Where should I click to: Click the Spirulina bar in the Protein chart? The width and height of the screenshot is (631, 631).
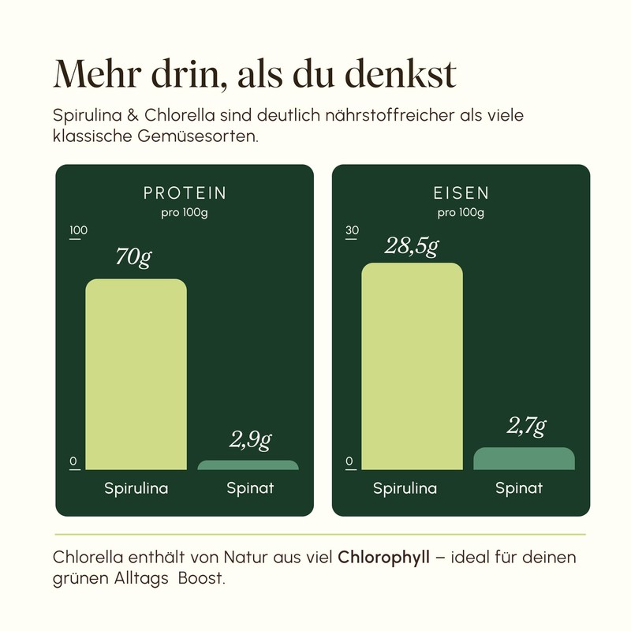136,374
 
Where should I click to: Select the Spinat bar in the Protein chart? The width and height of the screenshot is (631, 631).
248,465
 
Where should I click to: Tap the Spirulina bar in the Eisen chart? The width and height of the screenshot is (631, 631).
412,366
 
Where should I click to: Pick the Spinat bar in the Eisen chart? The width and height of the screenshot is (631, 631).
524,459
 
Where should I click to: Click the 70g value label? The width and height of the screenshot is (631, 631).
133,257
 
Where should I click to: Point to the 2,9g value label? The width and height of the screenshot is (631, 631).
250,440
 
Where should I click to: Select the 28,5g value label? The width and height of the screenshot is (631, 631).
411,246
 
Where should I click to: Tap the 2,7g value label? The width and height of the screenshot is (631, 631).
526,426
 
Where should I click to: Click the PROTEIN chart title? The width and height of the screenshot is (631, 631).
185,193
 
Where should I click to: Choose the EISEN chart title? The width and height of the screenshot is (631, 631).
461,193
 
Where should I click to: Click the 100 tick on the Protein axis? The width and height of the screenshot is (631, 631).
78,230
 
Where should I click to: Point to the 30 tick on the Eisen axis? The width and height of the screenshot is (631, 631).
352,230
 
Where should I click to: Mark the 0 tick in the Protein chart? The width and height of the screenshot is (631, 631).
73,461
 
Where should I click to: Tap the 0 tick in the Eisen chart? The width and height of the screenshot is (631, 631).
349,461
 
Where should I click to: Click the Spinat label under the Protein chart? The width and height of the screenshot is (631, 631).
250,488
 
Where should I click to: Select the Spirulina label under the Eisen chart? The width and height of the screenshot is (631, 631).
405,488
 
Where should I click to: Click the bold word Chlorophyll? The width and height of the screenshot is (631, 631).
384,558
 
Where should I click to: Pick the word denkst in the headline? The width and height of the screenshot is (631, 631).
401,74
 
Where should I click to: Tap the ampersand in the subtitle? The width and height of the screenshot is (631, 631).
133,115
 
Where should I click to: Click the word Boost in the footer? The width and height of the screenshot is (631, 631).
201,578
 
